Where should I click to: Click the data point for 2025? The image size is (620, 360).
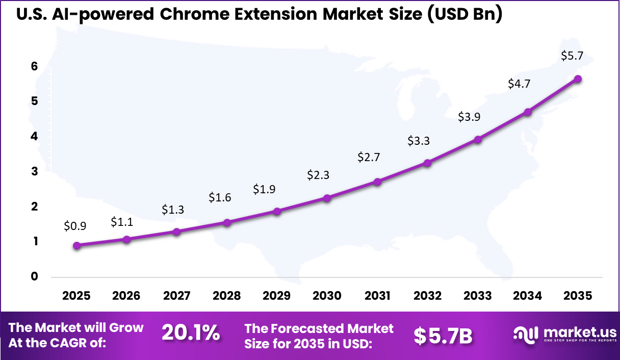point(77,245)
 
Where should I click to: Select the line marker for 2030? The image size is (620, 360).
point(327,198)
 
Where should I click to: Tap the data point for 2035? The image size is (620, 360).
point(578,79)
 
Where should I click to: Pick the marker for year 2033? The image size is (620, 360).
point(478,140)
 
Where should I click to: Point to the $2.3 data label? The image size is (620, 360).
point(318,175)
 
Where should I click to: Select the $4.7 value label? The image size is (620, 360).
point(519,84)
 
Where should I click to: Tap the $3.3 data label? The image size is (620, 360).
point(419,141)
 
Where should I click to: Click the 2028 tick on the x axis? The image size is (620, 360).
point(227,296)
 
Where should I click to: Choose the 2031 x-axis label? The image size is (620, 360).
point(377,296)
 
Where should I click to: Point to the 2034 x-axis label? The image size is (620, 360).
point(528,296)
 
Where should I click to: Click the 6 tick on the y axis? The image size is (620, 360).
point(34,66)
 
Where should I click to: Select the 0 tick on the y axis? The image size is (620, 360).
point(34,276)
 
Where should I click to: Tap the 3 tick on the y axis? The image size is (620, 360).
point(34,171)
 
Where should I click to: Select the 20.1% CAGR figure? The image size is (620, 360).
point(191,333)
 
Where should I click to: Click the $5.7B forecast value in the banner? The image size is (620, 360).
point(443,336)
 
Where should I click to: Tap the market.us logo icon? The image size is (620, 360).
point(526,334)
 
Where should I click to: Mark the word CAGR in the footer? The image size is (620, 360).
point(83,343)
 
